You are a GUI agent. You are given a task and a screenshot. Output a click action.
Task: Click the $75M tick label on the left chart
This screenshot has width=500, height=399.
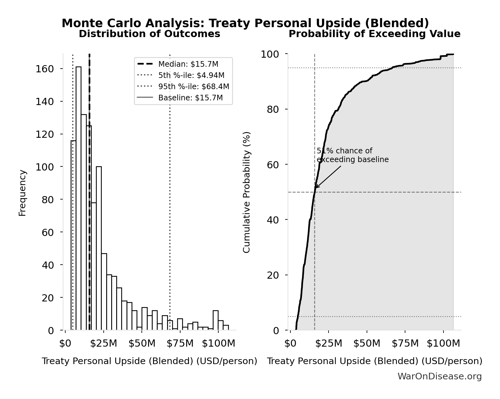pos(180,344)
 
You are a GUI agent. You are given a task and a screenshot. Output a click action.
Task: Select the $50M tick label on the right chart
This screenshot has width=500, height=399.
pos(367,344)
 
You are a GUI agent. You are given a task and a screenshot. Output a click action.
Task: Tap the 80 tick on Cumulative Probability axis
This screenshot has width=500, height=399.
pos(273,109)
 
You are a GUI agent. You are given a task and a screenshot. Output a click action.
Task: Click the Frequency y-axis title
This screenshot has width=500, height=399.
pos(22,193)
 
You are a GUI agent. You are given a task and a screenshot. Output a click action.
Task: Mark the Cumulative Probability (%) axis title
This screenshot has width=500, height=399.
pos(247,192)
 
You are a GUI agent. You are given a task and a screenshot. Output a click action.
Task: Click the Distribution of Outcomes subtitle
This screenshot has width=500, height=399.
pos(149,34)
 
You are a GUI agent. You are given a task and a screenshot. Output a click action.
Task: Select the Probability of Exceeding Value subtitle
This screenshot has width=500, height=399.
pos(374,34)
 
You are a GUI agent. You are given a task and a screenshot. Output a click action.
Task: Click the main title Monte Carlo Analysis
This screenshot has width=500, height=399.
pos(245,23)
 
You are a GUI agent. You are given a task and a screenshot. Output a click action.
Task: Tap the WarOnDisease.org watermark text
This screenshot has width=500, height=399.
pos(439,376)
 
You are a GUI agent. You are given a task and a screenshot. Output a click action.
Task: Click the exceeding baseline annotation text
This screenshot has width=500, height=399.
pos(352,155)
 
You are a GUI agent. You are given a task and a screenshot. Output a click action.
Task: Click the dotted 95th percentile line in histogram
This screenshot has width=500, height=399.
pos(170,187)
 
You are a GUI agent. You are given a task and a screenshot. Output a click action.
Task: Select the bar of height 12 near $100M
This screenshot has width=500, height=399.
pos(215,320)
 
